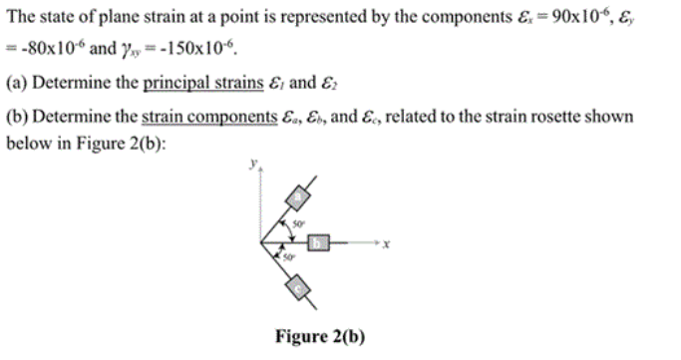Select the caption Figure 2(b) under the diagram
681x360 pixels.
pyautogui.click(x=320, y=336)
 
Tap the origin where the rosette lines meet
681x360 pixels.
pyautogui.click(x=261, y=241)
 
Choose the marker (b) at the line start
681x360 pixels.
pyautogui.click(x=17, y=117)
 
